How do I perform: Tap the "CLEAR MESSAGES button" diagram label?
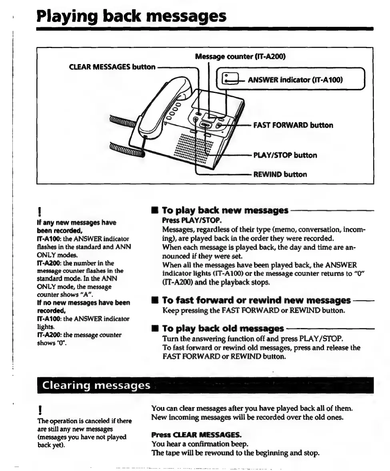pos(112,67)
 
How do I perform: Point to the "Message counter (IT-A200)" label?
pos(240,56)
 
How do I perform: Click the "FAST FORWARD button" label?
pos(293,125)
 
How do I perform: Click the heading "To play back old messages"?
pos(223,329)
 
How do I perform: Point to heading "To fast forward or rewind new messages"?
pos(256,300)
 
